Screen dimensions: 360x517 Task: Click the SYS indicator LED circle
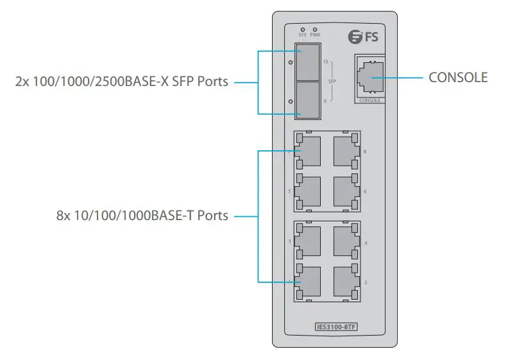pyautogui.click(x=303, y=30)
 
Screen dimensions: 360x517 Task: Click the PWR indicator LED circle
pyautogui.click(x=314, y=30)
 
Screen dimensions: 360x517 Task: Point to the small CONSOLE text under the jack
pyautogui.click(x=370, y=101)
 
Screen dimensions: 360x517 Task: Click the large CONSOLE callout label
pyautogui.click(x=458, y=78)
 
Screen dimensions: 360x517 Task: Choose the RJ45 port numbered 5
pyautogui.click(x=309, y=191)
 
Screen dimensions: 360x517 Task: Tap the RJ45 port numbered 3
pyautogui.click(x=309, y=241)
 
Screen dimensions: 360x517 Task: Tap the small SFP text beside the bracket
pyautogui.click(x=332, y=81)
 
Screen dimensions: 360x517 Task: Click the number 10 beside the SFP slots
pyautogui.click(x=326, y=62)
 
